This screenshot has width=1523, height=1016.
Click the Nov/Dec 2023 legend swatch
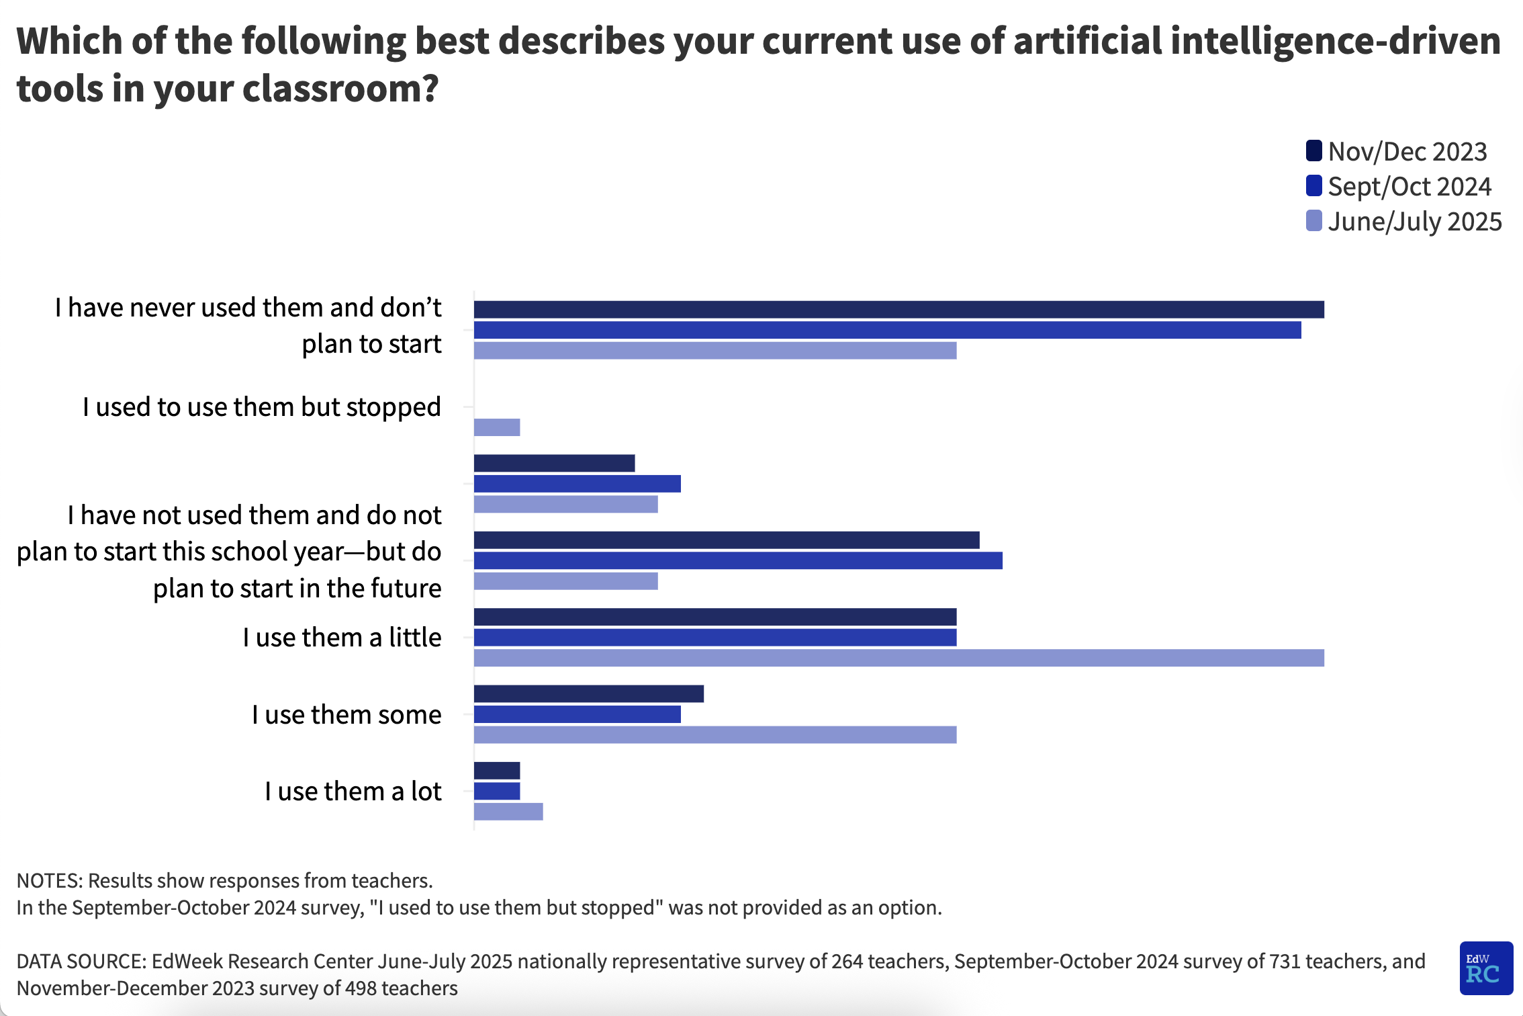point(1313,151)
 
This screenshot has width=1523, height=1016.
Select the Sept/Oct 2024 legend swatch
point(1313,185)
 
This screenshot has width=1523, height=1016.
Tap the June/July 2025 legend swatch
point(1313,220)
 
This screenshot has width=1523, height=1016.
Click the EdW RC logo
point(1485,968)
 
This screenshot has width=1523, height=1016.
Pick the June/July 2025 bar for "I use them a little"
point(898,658)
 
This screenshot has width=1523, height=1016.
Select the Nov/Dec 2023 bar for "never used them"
point(898,309)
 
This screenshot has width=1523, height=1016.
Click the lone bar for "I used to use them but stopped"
point(497,427)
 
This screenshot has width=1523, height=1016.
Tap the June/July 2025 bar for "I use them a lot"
point(508,812)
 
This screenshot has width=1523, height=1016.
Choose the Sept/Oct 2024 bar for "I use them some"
point(578,714)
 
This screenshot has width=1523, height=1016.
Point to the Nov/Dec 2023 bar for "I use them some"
point(589,694)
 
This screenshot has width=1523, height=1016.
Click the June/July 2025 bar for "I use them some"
point(715,735)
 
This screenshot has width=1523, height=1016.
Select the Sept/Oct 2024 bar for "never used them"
point(887,330)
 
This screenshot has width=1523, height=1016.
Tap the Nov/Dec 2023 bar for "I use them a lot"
point(497,771)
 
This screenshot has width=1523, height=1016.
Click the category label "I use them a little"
point(342,637)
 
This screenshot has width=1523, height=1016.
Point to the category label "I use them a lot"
point(353,792)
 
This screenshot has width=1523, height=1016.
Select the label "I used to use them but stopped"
point(262,407)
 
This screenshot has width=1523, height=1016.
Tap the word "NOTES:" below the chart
point(50,880)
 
